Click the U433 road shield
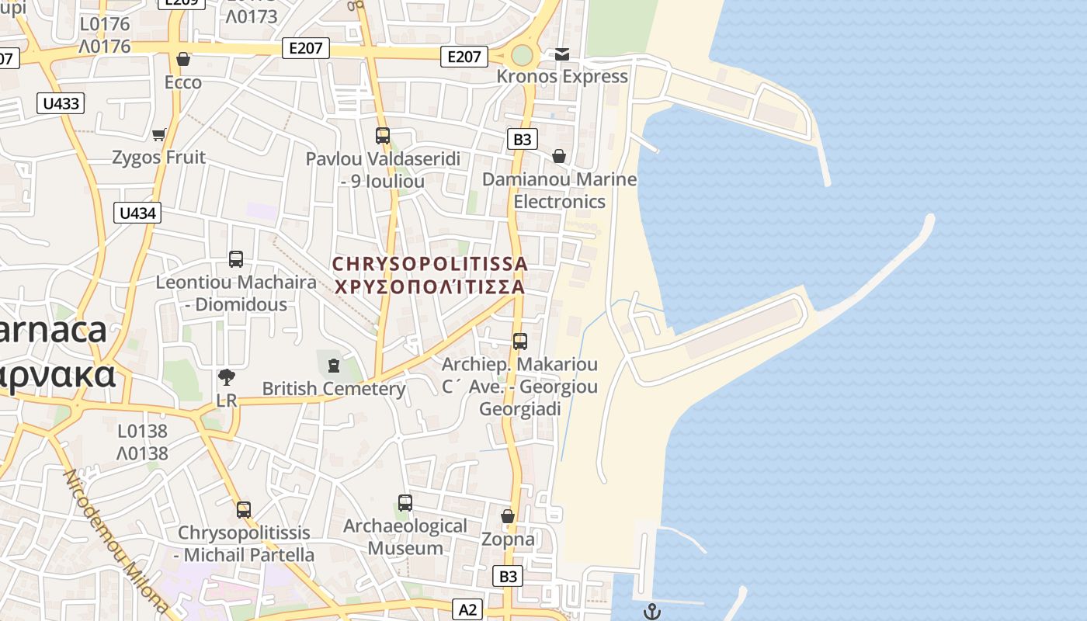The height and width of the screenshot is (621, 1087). coord(61,103)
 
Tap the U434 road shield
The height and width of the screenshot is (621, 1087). coord(137,213)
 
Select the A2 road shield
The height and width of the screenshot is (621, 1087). coord(467,609)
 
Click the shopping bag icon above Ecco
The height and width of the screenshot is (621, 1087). coord(183,59)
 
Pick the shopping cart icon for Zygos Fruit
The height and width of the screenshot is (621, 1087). coord(159,135)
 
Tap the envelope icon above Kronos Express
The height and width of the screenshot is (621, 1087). coord(561,54)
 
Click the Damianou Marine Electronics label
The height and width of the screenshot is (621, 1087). coord(559,190)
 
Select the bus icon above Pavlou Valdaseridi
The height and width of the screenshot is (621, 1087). coord(382,136)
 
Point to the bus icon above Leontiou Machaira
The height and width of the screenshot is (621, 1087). coord(236,259)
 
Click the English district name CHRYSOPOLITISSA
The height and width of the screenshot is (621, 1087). coord(429,264)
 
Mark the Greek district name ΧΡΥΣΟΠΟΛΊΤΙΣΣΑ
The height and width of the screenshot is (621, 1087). coord(429,286)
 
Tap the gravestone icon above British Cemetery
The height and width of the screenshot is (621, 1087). coord(334,365)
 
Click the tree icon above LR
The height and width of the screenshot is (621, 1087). coord(227,378)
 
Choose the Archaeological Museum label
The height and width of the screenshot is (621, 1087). coord(405,536)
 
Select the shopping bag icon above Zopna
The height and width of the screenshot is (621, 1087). coord(508,516)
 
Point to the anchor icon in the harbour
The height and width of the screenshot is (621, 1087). coord(652,612)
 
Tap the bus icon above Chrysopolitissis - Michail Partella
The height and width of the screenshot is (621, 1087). coord(244,510)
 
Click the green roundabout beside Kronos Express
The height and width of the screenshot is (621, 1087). coord(522,56)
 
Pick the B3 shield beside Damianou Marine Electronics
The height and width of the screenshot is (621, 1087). coord(523,139)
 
